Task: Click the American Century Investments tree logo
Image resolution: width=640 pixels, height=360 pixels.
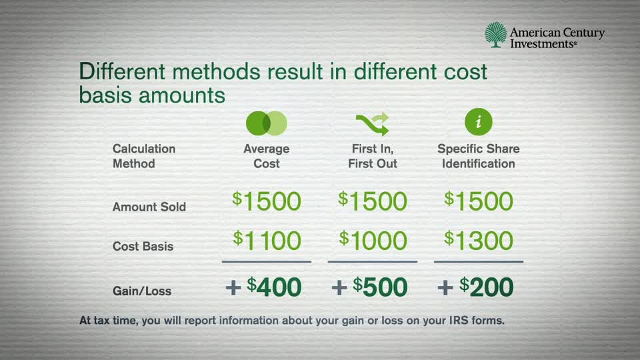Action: [495, 35]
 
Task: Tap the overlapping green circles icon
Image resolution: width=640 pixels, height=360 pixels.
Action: [266, 123]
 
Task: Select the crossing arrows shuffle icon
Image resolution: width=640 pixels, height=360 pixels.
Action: [372, 123]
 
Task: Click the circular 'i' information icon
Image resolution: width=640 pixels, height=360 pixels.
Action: [478, 122]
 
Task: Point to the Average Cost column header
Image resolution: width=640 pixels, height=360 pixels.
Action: [266, 156]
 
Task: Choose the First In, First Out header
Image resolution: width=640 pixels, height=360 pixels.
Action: [373, 156]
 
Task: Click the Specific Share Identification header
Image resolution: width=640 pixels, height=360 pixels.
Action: [478, 156]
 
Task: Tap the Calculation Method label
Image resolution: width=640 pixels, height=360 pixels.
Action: [144, 156]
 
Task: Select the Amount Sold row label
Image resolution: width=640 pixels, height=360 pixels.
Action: [149, 207]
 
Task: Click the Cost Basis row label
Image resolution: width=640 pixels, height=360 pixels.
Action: [143, 246]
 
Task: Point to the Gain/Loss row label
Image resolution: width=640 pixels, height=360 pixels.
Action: [142, 291]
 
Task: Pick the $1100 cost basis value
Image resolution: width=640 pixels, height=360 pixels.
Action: [267, 241]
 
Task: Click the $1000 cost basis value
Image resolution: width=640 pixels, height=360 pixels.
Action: [373, 241]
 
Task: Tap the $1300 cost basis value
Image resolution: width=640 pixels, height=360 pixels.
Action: [479, 241]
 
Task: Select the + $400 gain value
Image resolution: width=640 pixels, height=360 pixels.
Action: [264, 287]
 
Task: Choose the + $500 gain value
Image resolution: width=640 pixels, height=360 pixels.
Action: [369, 287]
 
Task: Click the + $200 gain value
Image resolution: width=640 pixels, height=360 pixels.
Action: [475, 287]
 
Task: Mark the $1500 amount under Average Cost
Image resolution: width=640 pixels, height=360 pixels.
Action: [267, 201]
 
